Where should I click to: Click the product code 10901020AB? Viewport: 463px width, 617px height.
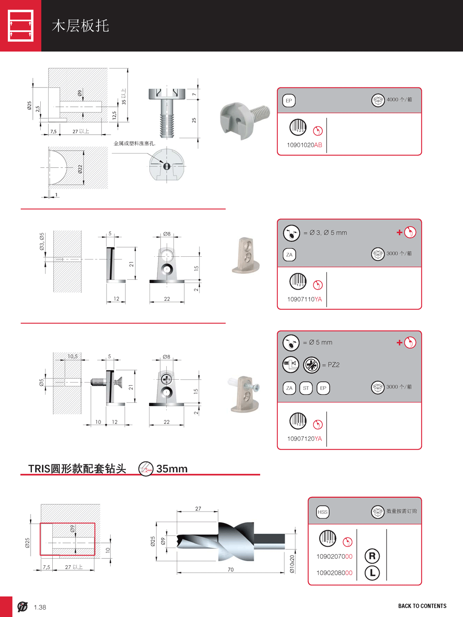pos(304,145)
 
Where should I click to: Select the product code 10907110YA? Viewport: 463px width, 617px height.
pos(304,299)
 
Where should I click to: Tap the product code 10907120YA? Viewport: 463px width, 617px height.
pos(304,438)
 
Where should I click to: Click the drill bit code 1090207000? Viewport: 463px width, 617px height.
pos(334,556)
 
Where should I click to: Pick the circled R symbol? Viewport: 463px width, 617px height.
pos(372,556)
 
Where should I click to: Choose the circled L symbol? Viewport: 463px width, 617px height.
pos(372,573)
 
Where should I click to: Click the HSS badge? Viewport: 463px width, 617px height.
pos(323,512)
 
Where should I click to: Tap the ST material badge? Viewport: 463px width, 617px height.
pos(306,388)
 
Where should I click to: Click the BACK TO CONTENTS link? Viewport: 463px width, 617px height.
pos(422,606)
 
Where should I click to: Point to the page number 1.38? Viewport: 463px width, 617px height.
pos(40,607)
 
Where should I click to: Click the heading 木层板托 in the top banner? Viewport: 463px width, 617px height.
pos(81,26)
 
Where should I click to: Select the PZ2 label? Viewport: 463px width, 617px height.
pos(333,365)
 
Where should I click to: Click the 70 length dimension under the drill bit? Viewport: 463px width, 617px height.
pos(231,569)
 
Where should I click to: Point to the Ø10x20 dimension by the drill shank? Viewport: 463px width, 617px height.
pos(292,564)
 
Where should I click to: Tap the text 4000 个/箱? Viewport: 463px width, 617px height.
pos(399,99)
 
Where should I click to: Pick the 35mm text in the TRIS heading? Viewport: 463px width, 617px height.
pos(172,469)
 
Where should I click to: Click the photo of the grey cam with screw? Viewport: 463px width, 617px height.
pos(244,119)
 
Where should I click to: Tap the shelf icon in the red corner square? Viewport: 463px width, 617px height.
pos(21,26)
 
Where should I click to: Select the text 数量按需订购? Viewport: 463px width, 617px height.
pos(401,511)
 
